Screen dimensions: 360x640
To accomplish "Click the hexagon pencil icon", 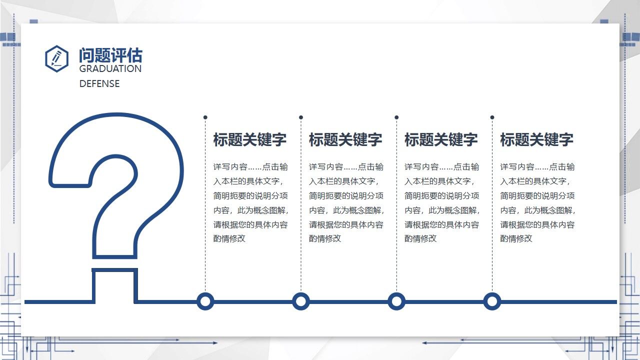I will point(56,58).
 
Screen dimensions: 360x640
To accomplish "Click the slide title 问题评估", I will point(110,55).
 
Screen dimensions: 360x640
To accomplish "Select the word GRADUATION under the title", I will point(110,69).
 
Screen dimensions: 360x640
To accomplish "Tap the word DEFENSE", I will point(99,84).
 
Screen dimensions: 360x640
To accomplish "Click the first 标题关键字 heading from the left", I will point(250,139).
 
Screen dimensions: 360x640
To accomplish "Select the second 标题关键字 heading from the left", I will point(345,139).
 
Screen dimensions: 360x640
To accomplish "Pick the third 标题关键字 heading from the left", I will point(441,139).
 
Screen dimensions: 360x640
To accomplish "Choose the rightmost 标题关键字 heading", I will point(536,139).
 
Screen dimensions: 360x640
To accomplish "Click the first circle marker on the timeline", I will point(205,301).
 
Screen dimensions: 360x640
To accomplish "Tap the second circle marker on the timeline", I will point(300,301).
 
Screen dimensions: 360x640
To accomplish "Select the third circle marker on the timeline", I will point(396,301).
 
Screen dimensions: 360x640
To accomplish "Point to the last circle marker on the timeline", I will point(492,301).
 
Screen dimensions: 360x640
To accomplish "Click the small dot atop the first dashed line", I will point(205,117).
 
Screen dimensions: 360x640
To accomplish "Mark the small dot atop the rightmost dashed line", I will point(492,117).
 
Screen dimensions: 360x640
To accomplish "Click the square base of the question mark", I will point(114,285).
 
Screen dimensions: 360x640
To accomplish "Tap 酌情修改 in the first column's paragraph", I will point(229,238).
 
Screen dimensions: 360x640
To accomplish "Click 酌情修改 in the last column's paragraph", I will point(516,238).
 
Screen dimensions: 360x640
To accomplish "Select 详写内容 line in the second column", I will point(346,167).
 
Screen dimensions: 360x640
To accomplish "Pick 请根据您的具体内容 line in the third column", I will point(441,224).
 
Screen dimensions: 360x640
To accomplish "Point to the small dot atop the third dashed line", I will point(396,117).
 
